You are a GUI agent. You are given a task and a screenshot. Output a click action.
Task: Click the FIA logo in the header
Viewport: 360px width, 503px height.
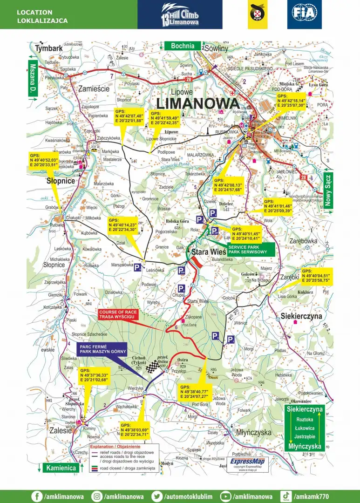[x=304, y=14]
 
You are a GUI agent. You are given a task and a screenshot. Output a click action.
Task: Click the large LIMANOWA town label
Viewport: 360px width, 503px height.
[x=197, y=103]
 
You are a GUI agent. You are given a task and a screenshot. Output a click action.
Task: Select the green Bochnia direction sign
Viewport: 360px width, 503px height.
[x=182, y=46]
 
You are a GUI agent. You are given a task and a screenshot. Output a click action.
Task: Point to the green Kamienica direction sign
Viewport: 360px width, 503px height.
[x=60, y=468]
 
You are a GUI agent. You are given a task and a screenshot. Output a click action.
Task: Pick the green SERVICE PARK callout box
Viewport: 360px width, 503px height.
[x=245, y=249]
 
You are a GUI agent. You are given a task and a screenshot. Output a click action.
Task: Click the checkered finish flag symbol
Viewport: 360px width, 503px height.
[x=152, y=367]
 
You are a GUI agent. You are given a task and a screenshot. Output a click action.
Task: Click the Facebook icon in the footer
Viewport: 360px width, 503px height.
[x=37, y=496]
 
